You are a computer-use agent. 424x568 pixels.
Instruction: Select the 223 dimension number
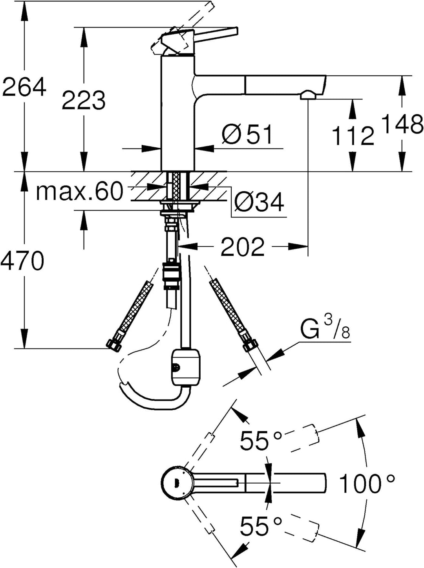[x=84, y=101]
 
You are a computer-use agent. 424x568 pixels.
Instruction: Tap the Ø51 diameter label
[x=247, y=134]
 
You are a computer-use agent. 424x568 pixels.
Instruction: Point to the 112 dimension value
[x=353, y=136]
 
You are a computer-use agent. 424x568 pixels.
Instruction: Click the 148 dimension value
[x=402, y=125]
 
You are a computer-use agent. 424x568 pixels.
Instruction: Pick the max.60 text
[x=79, y=191]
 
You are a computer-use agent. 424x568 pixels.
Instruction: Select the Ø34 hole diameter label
[x=259, y=202]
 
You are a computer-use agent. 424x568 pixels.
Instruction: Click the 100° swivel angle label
[x=366, y=484]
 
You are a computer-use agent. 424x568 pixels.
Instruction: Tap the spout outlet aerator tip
[x=308, y=95]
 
